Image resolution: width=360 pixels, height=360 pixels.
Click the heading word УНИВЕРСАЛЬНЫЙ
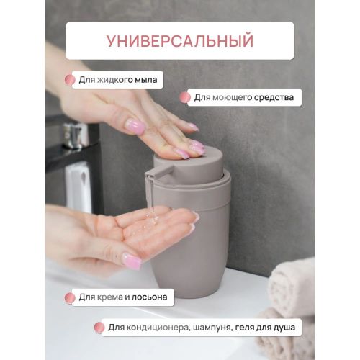[x=180, y=41]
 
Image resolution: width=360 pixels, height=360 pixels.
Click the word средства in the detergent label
[x=274, y=97]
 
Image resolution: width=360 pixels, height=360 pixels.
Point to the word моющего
[x=233, y=98]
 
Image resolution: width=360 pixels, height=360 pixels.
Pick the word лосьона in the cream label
[x=150, y=297]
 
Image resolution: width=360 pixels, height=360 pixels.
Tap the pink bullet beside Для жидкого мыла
[x=70, y=80]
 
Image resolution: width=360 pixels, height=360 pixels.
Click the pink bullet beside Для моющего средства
[x=185, y=98]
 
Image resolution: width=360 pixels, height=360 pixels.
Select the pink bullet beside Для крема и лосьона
[x=70, y=298]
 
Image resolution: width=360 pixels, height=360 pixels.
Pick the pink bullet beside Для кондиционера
[x=99, y=328]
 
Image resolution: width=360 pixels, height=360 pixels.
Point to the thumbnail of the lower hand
[x=132, y=261]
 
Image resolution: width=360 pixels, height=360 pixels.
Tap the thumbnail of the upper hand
[x=135, y=126]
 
